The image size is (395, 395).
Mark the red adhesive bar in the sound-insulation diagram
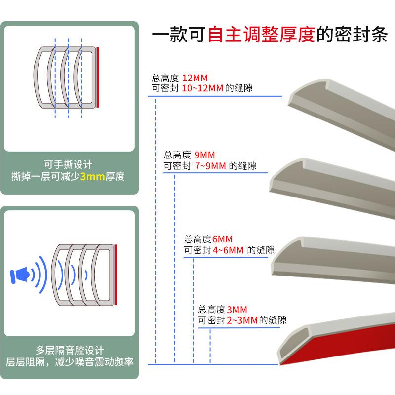(x=116, y=274)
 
